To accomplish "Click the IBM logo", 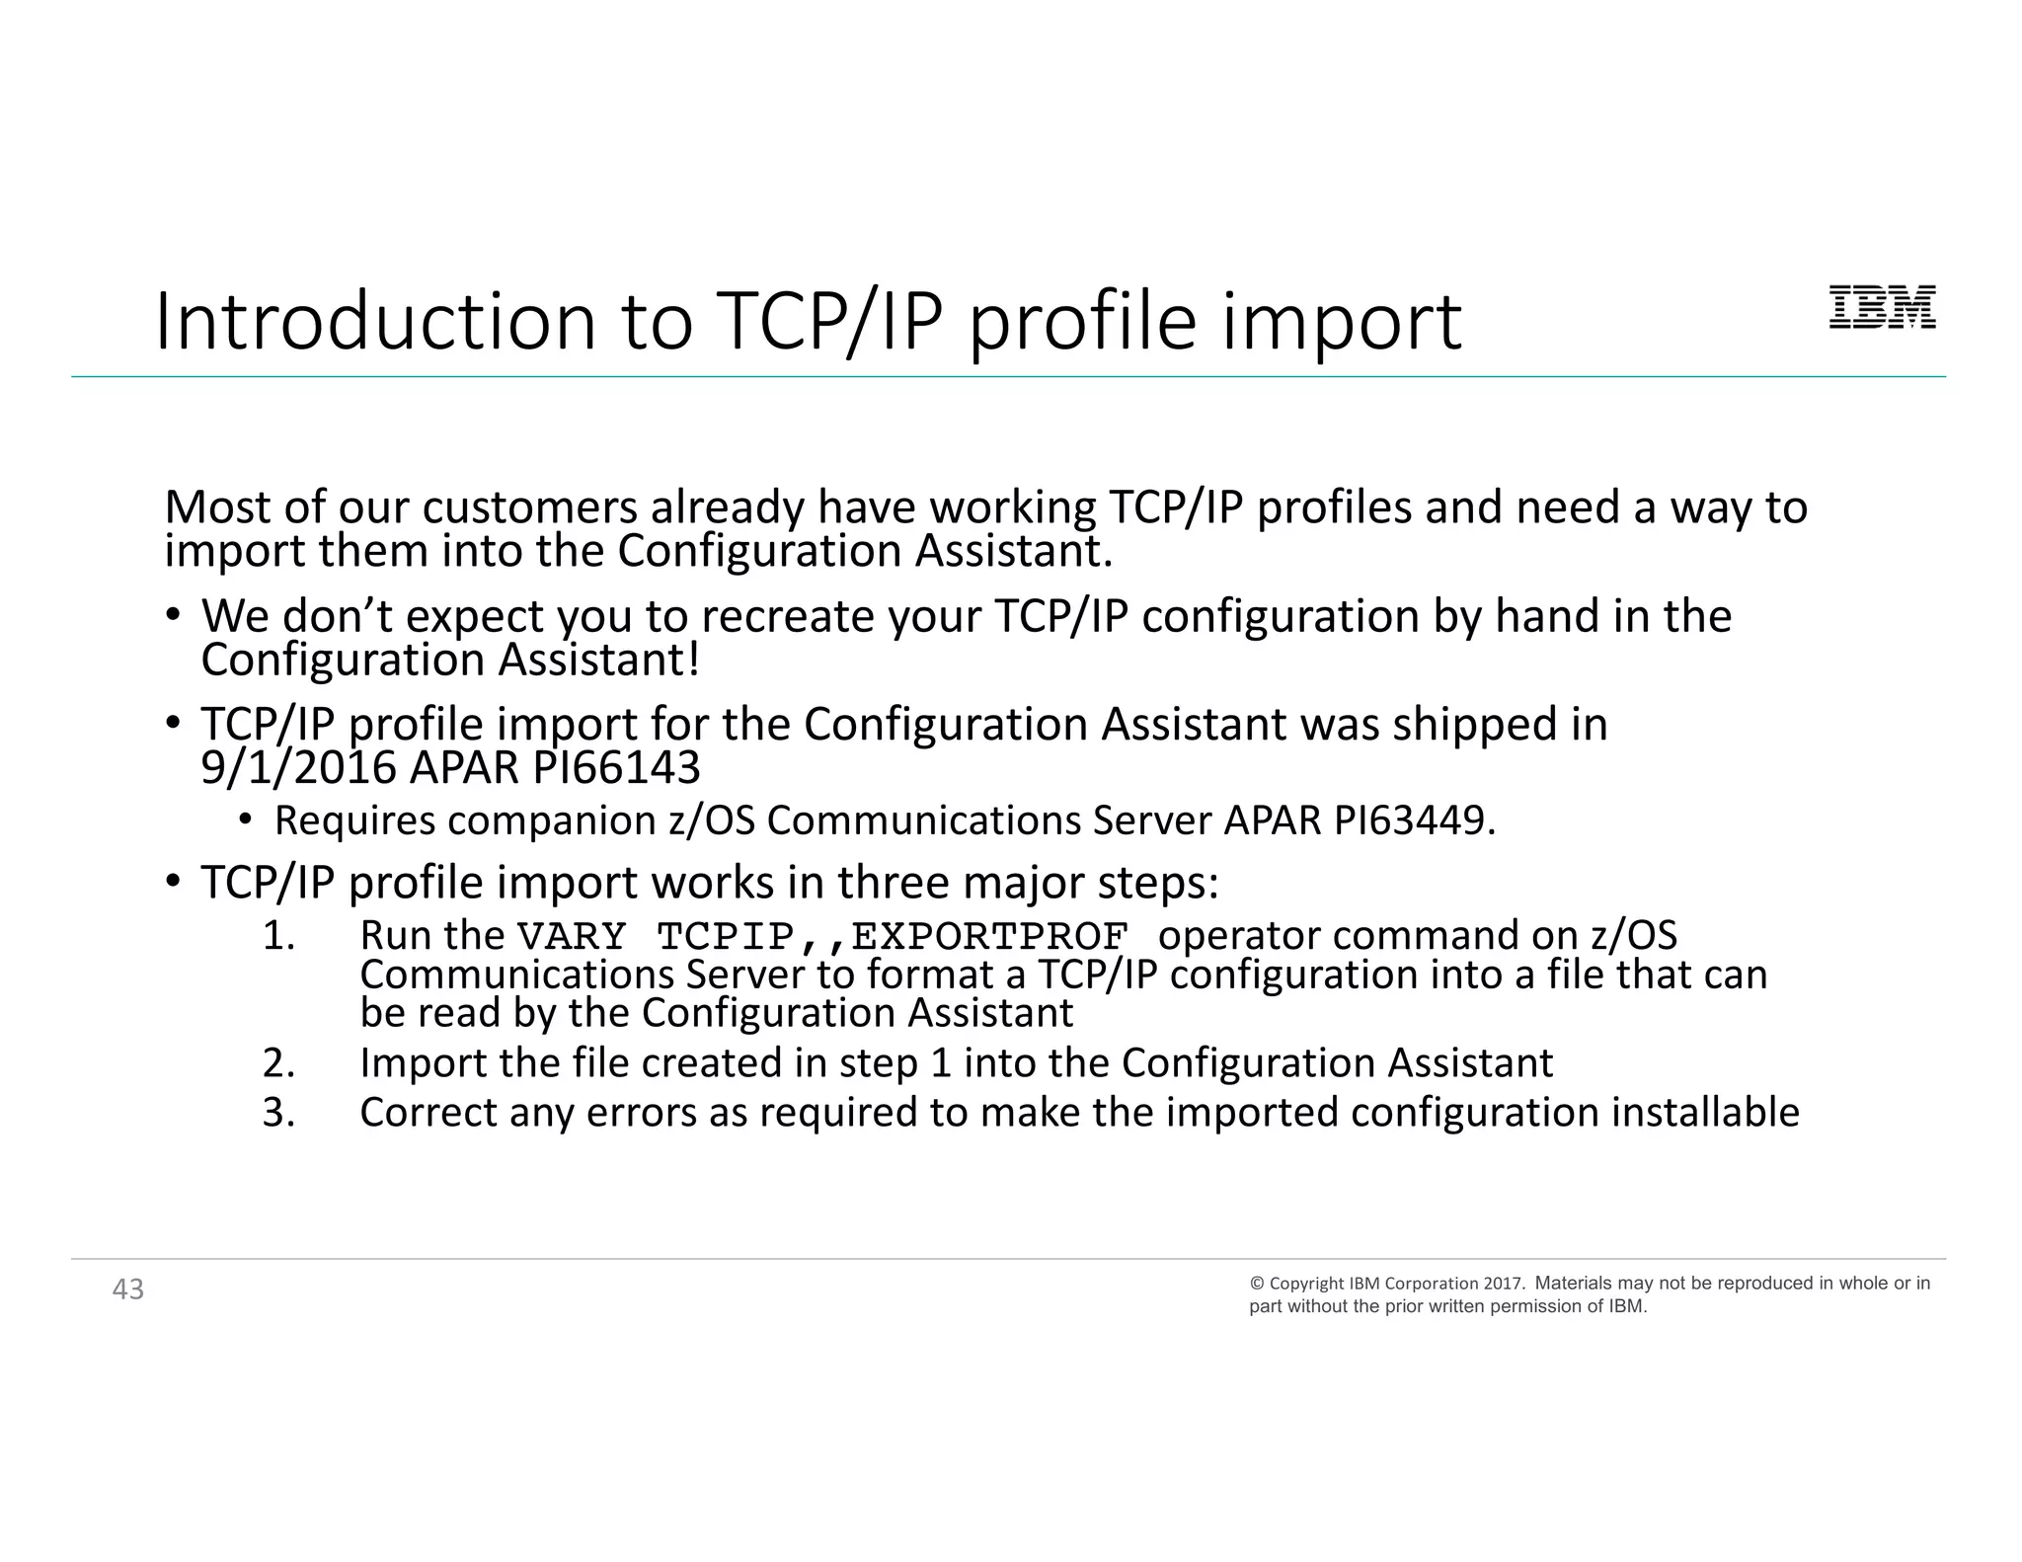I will (1882, 307).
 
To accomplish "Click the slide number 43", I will (128, 1289).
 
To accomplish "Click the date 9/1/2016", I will (298, 768).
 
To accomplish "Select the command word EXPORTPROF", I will (989, 936).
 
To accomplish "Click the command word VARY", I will (573, 936).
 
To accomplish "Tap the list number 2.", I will (278, 1063).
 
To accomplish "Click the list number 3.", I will (278, 1113).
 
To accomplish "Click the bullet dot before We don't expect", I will (173, 616).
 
